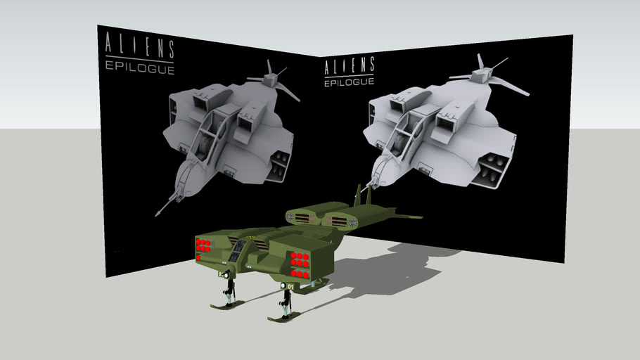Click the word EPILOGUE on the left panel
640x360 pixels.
coord(139,68)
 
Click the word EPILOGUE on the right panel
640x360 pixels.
coord(349,82)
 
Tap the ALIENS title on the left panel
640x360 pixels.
coord(139,46)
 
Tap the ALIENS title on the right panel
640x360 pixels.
coord(349,66)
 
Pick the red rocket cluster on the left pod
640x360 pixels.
coord(203,245)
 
